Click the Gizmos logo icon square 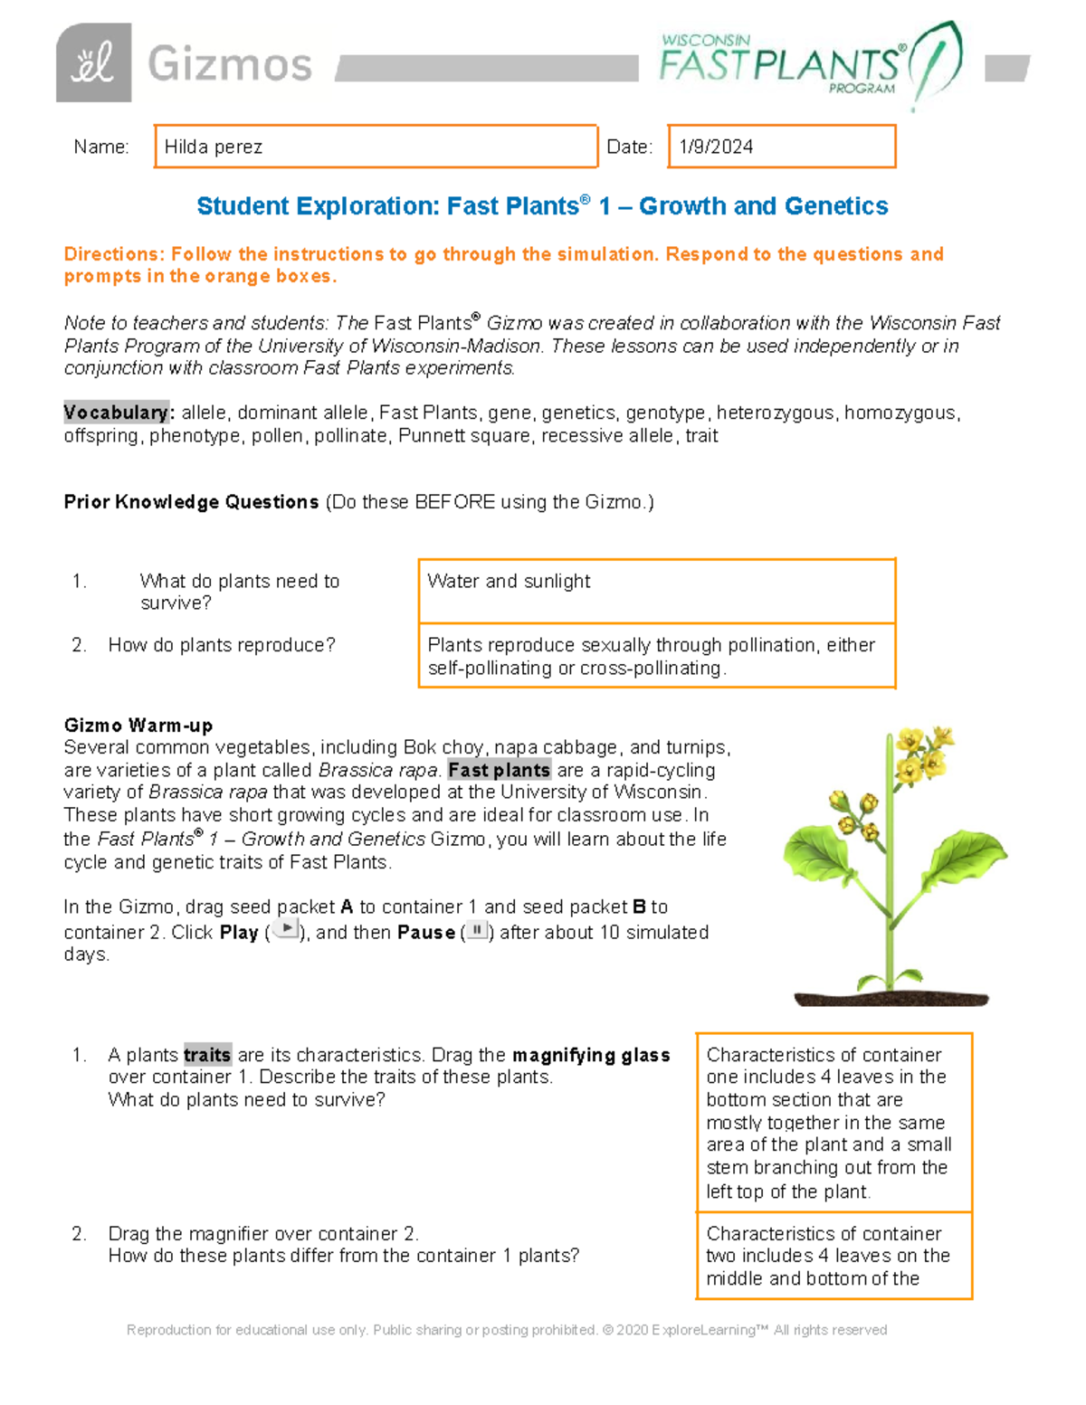point(93,62)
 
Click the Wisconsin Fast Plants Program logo point(809,63)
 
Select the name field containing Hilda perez point(376,147)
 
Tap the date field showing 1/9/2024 point(781,147)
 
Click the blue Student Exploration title point(542,206)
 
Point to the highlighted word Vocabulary point(116,413)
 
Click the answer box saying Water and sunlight point(656,591)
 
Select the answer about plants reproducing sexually point(656,656)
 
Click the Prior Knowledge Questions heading point(191,502)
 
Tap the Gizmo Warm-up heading point(138,726)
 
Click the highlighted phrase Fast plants point(499,770)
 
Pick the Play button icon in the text point(286,929)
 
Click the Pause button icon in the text point(477,929)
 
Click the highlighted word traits point(207,1055)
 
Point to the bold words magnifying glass point(591,1055)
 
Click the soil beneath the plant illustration point(891,998)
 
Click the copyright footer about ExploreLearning point(507,1330)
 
